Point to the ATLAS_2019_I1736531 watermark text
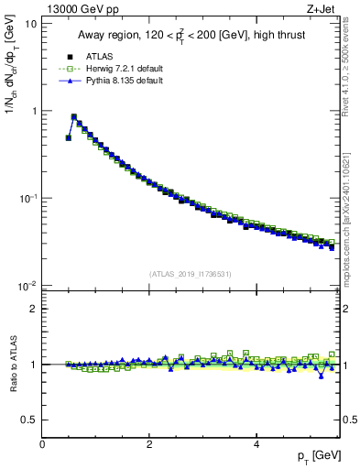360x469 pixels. click(x=191, y=274)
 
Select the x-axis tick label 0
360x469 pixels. click(x=42, y=445)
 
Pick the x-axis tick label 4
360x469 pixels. click(x=256, y=445)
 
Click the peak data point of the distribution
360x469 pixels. click(x=74, y=117)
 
